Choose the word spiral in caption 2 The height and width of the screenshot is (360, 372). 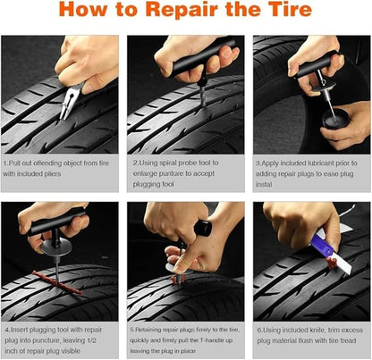click(167, 163)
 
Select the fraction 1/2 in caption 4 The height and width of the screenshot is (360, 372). click(112, 340)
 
